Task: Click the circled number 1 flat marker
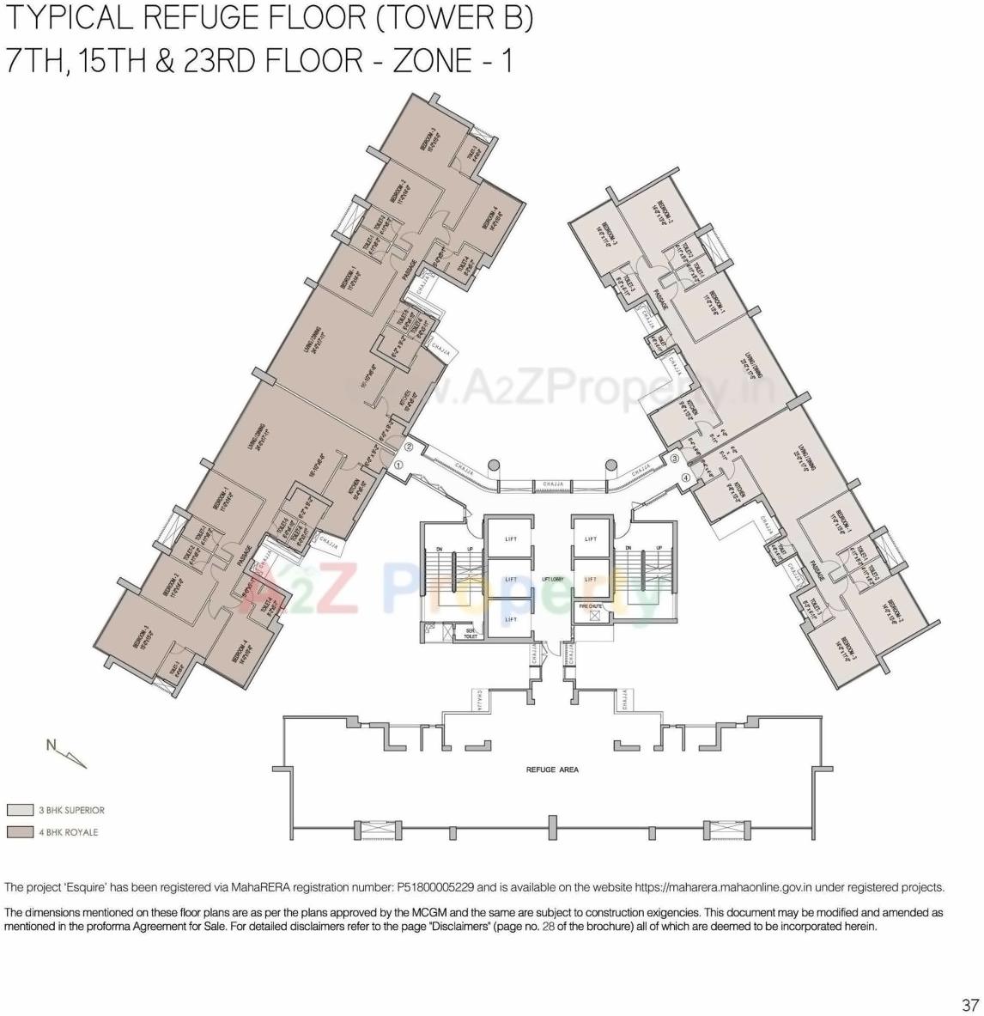[x=398, y=465]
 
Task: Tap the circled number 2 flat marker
[x=410, y=447]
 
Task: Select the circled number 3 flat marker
[x=675, y=459]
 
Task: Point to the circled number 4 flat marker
[x=686, y=478]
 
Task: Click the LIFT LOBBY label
[x=552, y=580]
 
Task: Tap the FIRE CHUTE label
[x=591, y=606]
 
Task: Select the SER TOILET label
[x=471, y=634]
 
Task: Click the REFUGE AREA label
[x=552, y=770]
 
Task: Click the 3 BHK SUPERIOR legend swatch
[x=20, y=810]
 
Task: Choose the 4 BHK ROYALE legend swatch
[x=20, y=832]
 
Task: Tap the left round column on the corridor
[x=494, y=465]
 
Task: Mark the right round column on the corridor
[x=611, y=465]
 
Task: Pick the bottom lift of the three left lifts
[x=511, y=619]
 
